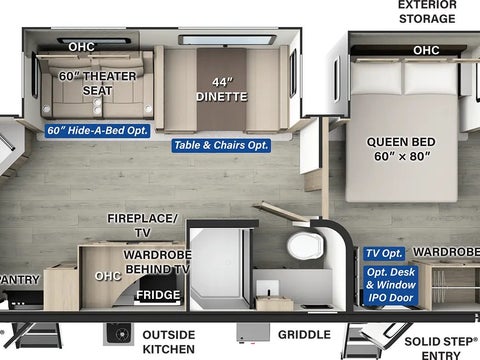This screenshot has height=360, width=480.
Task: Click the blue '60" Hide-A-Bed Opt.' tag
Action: click(97, 130)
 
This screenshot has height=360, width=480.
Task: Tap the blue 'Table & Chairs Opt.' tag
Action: click(221, 145)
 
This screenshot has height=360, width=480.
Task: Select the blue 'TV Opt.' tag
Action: click(384, 253)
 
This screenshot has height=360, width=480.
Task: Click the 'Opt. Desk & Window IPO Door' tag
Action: click(391, 285)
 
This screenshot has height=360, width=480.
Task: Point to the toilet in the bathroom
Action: click(305, 246)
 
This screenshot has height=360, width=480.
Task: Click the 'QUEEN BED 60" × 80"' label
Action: click(401, 149)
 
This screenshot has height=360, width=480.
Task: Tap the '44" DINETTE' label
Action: click(222, 90)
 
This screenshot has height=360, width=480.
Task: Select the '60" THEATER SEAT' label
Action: click(98, 83)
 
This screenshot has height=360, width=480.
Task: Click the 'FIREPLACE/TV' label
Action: click(142, 225)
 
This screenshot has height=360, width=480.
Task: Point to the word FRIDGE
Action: click(158, 295)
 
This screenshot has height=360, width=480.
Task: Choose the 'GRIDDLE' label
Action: click(304, 334)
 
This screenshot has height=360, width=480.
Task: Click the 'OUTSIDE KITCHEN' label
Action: click(169, 342)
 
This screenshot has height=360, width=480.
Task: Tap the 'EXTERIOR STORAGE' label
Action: click(427, 12)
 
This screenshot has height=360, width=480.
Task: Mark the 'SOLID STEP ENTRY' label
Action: click(441, 348)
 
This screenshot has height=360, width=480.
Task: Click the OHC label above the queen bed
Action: click(426, 50)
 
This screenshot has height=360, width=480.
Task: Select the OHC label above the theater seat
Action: click(81, 47)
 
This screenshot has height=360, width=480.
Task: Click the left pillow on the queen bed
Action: click(377, 78)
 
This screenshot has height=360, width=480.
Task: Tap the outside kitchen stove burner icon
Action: click(119, 333)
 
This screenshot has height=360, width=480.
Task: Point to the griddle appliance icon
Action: click(253, 333)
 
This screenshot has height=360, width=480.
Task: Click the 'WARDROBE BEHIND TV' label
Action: click(158, 262)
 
